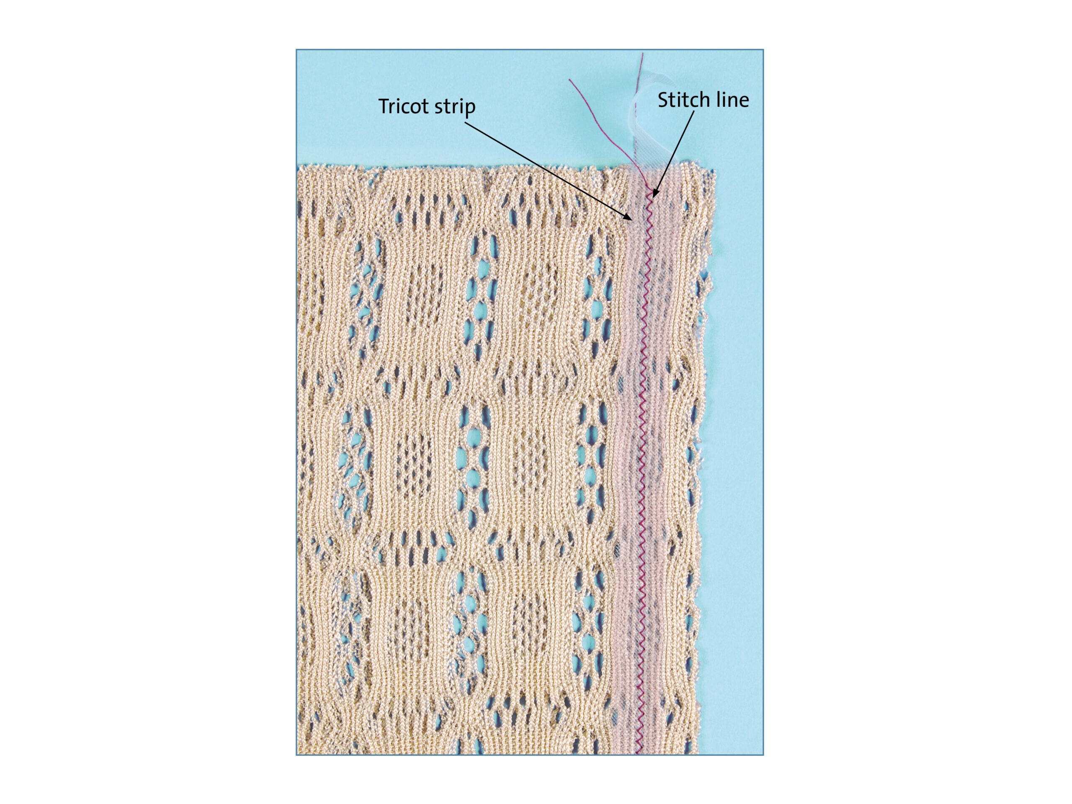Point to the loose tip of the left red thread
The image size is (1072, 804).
(570, 80)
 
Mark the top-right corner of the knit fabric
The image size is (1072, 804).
(714, 170)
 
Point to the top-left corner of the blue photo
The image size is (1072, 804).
(296, 49)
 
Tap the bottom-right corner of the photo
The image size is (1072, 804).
(763, 755)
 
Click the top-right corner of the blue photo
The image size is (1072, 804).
(763, 49)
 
